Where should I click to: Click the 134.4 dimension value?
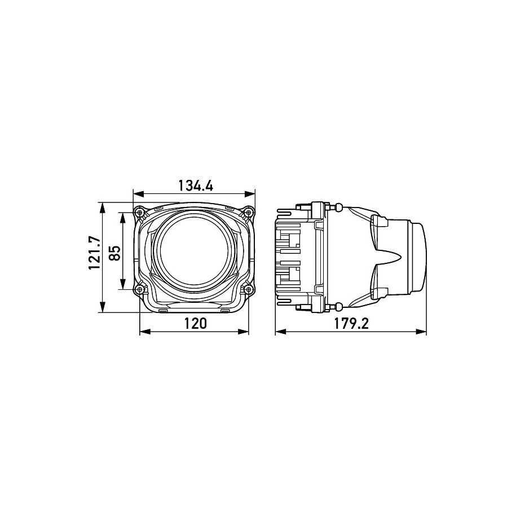[x=196, y=186]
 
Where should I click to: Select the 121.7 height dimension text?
[x=94, y=253]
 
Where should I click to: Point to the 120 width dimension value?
[x=195, y=323]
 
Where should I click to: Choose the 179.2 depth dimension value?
[x=351, y=323]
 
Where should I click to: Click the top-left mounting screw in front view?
[x=140, y=212]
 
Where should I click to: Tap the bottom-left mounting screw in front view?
[x=140, y=289]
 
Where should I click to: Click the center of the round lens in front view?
[x=195, y=251]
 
